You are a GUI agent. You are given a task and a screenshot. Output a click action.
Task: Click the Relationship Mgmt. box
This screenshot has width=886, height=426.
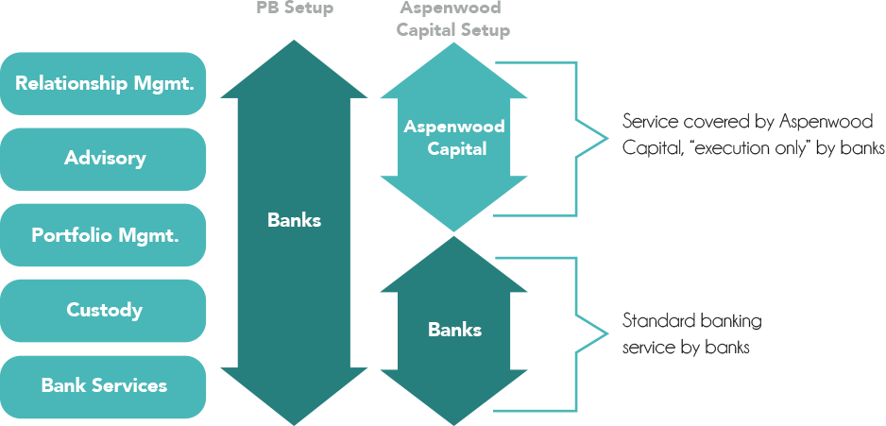(104, 83)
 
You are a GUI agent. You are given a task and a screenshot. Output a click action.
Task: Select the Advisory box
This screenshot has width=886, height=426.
(104, 159)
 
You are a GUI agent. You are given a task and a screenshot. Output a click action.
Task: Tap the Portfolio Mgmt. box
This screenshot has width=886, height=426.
(104, 235)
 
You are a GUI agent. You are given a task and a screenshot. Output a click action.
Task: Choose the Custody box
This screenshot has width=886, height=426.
(104, 310)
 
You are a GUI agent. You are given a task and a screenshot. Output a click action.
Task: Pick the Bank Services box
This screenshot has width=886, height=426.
(104, 385)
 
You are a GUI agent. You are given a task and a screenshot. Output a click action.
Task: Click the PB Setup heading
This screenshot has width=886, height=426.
(295, 9)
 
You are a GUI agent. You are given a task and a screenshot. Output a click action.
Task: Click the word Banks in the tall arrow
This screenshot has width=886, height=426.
(294, 221)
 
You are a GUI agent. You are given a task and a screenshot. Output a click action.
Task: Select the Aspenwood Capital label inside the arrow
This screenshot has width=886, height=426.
(454, 138)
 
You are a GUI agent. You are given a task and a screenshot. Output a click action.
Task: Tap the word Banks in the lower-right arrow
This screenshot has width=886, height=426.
(454, 330)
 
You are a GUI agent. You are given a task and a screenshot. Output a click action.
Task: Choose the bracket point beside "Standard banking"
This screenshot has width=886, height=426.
(607, 332)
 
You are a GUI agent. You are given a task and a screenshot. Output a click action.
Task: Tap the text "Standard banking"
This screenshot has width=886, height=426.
(692, 321)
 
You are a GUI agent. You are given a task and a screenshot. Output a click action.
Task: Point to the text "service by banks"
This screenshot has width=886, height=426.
(687, 348)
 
